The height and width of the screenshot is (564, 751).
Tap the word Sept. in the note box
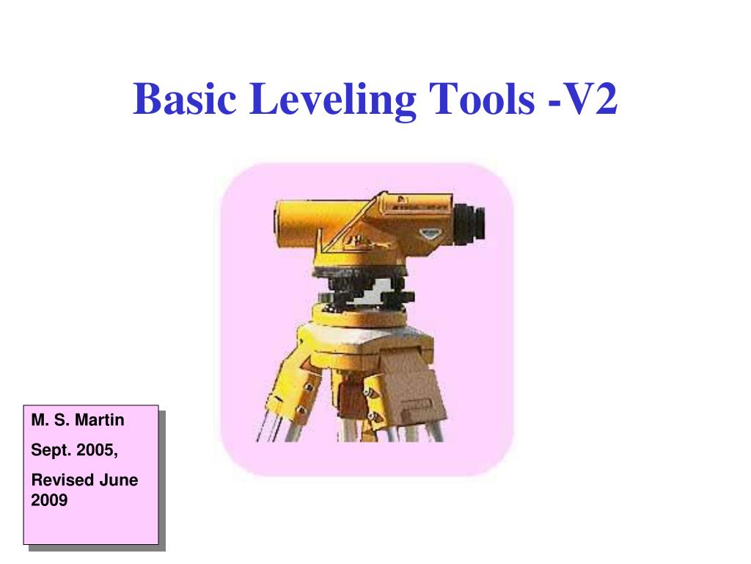coord(48,450)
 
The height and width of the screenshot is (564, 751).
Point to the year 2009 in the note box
coord(49,501)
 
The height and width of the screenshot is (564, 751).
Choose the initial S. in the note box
coord(62,421)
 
